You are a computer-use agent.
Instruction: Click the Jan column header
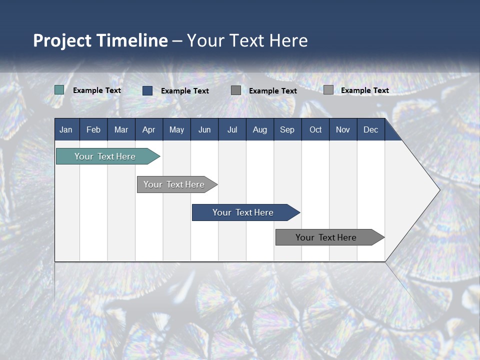point(66,129)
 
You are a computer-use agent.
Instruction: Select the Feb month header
point(93,129)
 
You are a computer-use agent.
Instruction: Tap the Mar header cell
point(121,129)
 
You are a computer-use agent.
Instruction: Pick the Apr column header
point(148,129)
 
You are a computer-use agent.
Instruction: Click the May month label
point(176,129)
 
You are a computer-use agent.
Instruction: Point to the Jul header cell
point(232,129)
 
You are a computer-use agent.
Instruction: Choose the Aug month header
point(260,129)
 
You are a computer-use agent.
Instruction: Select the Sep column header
point(287,129)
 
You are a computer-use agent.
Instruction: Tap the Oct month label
point(315,129)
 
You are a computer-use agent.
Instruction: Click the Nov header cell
point(343,129)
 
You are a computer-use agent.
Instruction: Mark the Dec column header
point(371,129)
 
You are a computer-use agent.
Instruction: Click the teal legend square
point(59,90)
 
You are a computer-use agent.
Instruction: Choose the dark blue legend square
point(147,90)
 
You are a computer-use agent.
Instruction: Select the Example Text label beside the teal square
point(97,90)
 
